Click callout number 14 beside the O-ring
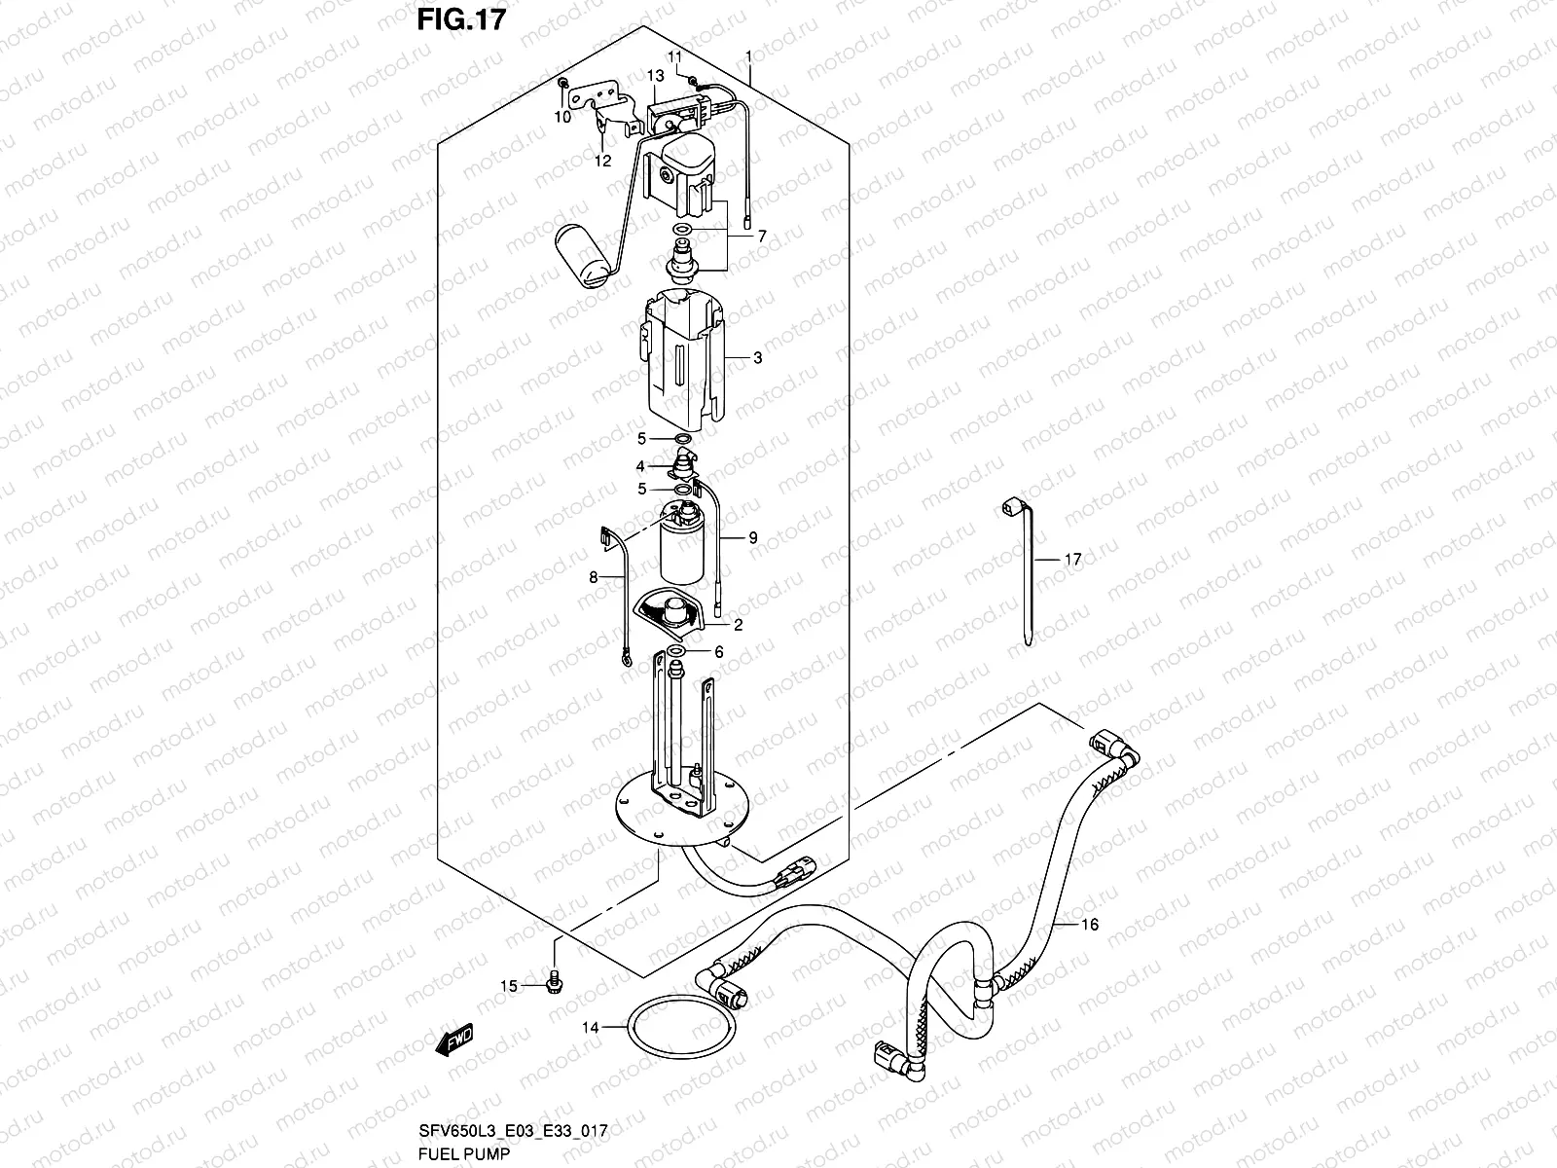coord(591,1027)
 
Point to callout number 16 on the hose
coord(1090,924)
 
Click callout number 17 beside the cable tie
coord(1071,560)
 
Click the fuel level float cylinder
coord(582,257)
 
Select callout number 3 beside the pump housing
coord(757,358)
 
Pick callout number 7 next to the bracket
coord(762,236)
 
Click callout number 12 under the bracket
coord(602,161)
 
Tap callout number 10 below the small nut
coord(562,117)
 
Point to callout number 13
coord(654,75)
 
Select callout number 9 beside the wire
coord(752,537)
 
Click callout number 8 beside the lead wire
coord(593,577)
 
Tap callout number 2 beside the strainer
coord(738,625)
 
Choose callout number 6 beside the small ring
coord(719,651)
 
